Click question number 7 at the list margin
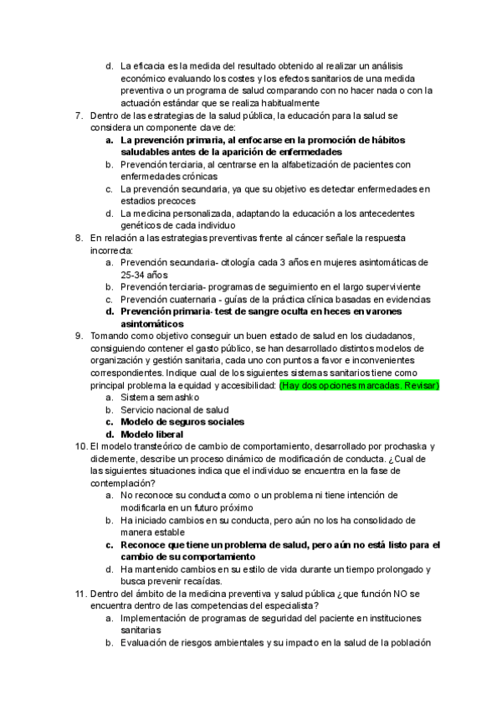78,114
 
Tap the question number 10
79,447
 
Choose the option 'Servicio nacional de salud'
174,409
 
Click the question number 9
78,336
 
